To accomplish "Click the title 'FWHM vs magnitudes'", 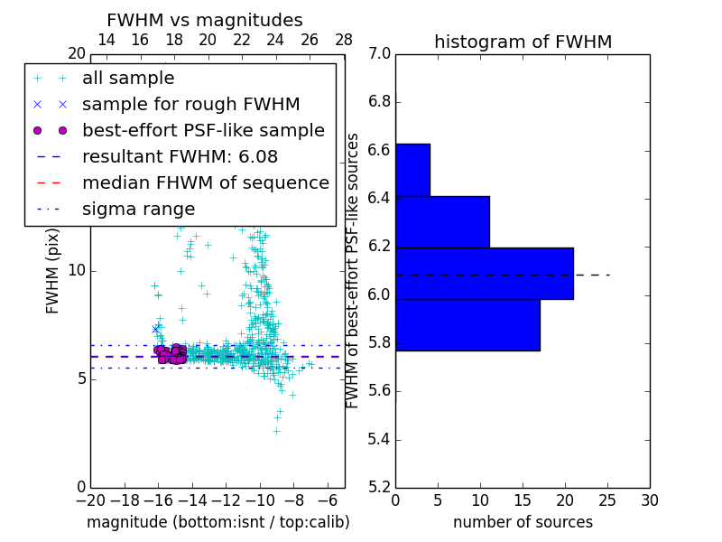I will [204, 20].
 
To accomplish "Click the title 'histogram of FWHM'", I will [523, 42].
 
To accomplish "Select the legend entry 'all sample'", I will [128, 79].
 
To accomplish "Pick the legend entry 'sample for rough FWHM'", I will [190, 104].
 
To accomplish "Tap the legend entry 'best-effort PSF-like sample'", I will [203, 130].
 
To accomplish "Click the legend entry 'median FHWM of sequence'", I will [205, 182].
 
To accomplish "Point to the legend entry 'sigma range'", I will [138, 209].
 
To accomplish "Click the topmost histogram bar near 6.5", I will [412, 170].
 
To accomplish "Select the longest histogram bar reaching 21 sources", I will [484, 273].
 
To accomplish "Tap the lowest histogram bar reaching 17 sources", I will [467, 324].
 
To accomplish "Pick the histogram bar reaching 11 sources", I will [442, 221].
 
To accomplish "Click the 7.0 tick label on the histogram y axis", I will [379, 54].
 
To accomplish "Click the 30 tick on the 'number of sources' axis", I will [649, 500].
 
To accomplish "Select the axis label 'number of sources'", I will [523, 522].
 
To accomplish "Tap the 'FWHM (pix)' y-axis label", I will [53, 271].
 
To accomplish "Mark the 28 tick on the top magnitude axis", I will [344, 40].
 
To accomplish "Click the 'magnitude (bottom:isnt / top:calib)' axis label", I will [218, 522].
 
